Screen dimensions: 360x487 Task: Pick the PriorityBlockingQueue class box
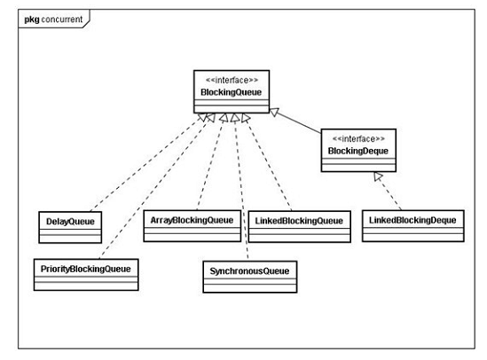coord(88,270)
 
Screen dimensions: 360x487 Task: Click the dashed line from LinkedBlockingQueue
coord(270,168)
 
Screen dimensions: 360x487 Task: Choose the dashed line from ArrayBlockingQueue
coord(209,168)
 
